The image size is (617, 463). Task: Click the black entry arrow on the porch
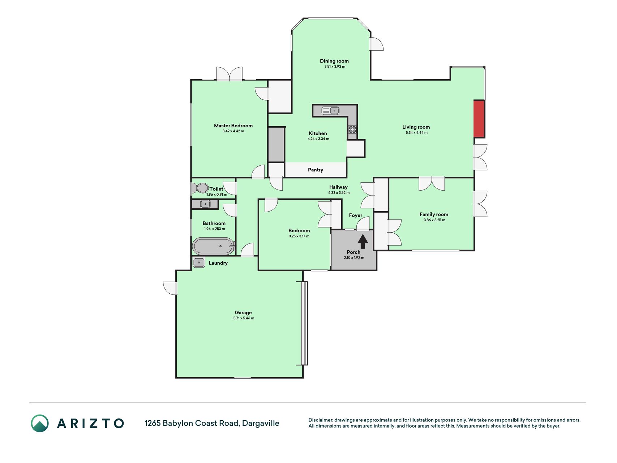pos(363,241)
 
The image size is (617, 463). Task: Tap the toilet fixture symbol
pos(200,188)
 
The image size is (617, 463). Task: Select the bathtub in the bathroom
pos(213,246)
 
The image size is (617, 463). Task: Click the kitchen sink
pos(330,111)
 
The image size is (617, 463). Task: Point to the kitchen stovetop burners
pos(352,129)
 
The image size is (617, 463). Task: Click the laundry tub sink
pos(199,263)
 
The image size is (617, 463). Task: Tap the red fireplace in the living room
pos(479,119)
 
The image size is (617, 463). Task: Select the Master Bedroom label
pos(233,126)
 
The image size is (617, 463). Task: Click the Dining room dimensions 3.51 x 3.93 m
pos(335,67)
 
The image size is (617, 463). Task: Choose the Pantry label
pos(316,170)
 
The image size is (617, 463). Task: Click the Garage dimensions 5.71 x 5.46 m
pos(244,318)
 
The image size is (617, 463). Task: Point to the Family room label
pos(434,214)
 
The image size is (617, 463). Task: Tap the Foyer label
pos(356,215)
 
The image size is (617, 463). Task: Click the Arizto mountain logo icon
pos(40,423)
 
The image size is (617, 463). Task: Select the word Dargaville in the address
pos(261,423)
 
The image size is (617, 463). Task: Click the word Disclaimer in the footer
pos(320,420)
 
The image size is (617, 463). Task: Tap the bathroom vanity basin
pos(205,204)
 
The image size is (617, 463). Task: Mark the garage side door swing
pos(170,288)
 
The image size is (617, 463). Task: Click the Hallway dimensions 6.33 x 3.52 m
pos(339,193)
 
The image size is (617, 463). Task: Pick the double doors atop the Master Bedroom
pos(229,74)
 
